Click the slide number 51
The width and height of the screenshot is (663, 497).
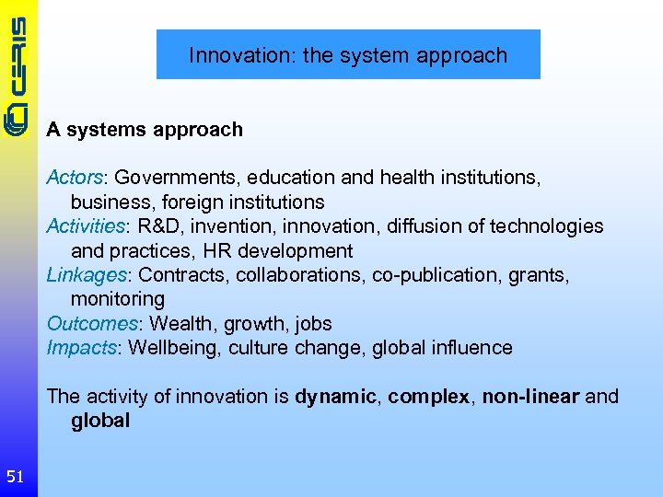point(15,476)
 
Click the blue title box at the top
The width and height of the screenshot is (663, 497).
point(348,54)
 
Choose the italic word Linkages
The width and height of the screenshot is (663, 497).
point(86,275)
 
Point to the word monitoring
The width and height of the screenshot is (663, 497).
point(118,299)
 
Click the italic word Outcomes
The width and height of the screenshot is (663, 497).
point(91,324)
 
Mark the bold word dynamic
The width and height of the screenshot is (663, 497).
point(335,397)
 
